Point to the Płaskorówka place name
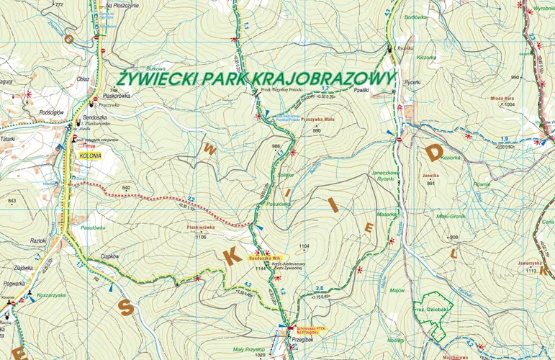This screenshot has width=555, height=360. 117,95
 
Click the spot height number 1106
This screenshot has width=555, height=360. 202,237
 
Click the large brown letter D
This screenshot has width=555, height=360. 434,152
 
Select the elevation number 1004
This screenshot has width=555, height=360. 510,105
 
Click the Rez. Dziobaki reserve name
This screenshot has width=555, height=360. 430,310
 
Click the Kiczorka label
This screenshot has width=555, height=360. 427,57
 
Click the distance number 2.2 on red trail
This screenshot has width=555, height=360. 191,199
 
